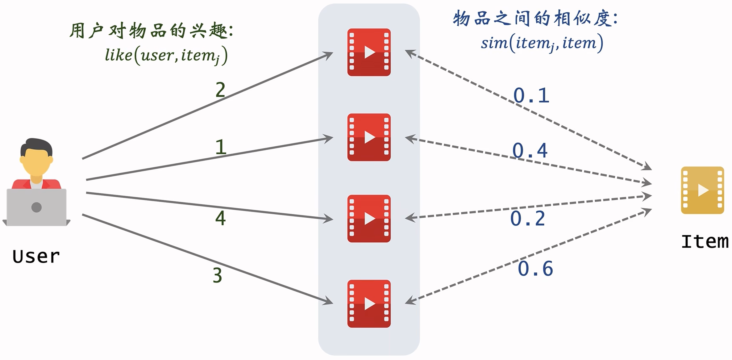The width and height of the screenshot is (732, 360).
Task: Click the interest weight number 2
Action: coord(220,90)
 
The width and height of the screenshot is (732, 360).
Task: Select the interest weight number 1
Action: coord(221,147)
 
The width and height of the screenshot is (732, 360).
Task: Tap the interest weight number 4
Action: coord(220,218)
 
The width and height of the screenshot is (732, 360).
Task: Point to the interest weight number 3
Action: coord(218,275)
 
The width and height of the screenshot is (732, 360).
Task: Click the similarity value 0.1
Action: coord(531,95)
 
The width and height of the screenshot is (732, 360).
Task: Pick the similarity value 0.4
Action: coord(530,151)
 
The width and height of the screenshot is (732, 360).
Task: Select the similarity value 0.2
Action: coord(528,219)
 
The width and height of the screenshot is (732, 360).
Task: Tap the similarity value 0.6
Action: coord(535,269)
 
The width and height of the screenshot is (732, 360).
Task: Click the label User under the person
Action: coord(36,257)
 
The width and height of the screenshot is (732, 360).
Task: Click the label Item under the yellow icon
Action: coord(705,241)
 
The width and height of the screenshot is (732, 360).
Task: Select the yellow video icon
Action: coord(702,190)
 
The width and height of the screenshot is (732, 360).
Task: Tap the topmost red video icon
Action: coord(369,52)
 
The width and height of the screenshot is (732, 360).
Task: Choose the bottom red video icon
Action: coord(369,303)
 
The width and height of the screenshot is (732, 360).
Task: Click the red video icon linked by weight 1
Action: coord(369,137)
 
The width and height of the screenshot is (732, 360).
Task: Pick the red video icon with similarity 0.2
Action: coord(369,218)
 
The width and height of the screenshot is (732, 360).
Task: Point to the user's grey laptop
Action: coord(36,207)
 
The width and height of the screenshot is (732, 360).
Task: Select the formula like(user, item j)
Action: coord(166,56)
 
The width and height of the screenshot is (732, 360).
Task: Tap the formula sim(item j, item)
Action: coord(542,43)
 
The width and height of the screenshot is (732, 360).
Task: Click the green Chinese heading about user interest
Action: coord(151,31)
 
